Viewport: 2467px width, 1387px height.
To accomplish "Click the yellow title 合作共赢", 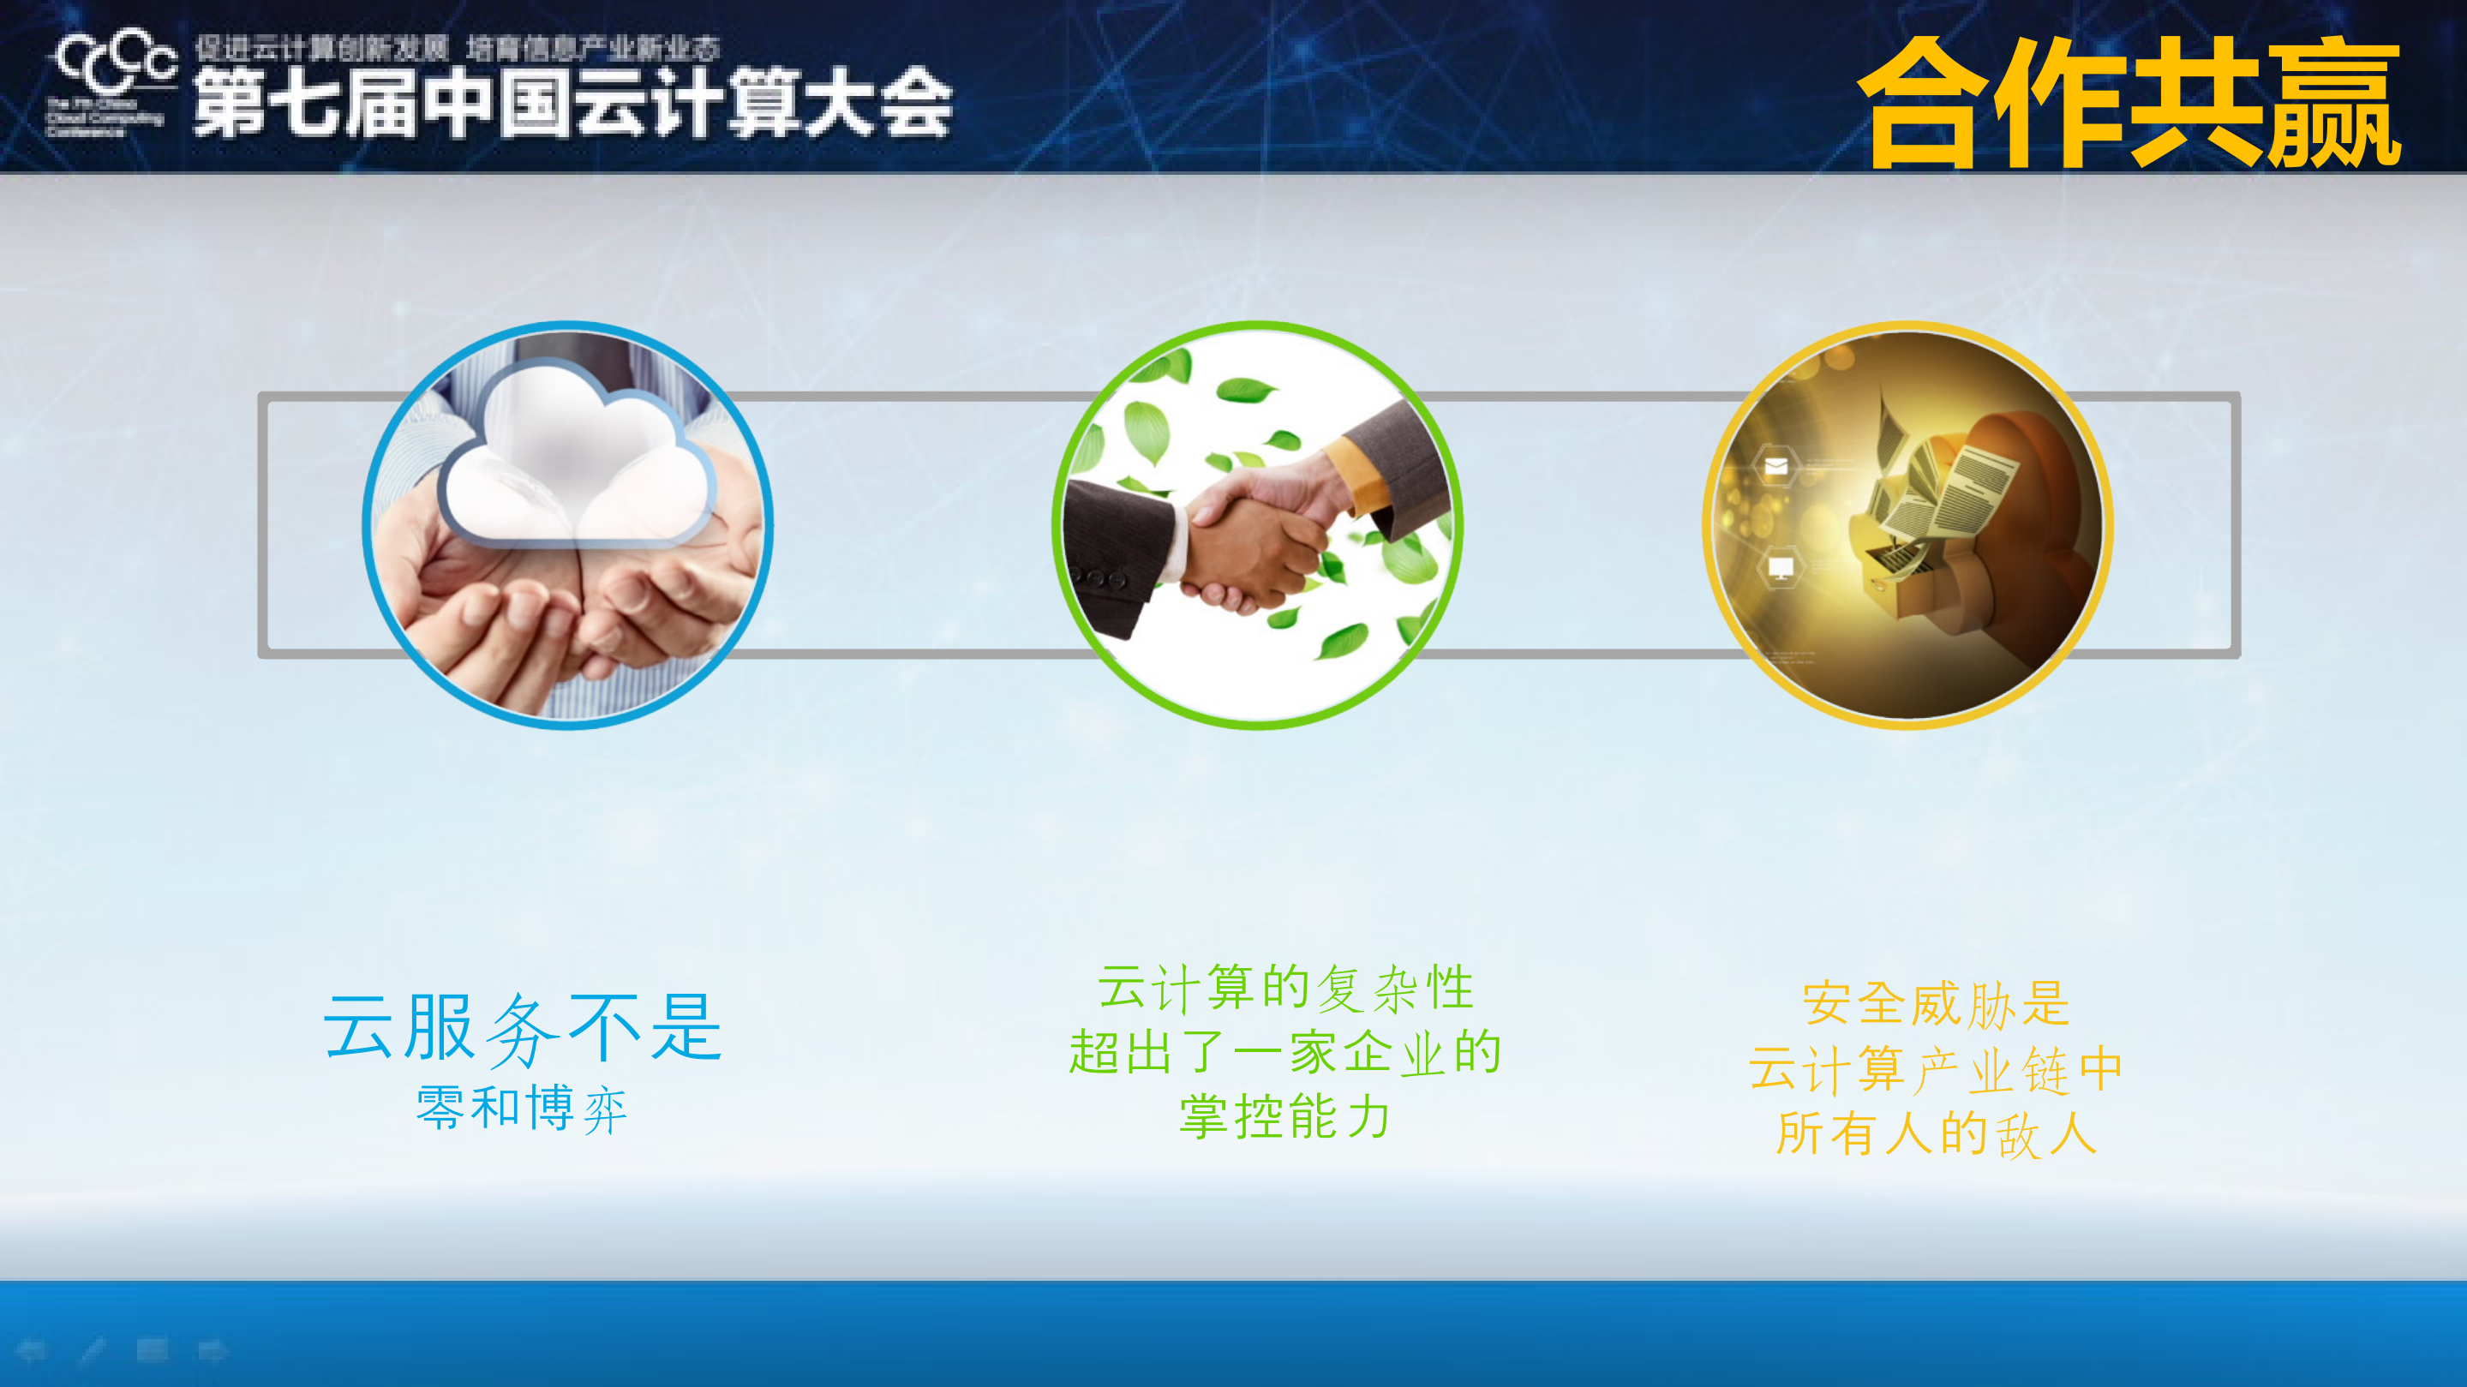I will click(x=2128, y=103).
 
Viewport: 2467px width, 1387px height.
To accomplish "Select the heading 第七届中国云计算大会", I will click(x=572, y=104).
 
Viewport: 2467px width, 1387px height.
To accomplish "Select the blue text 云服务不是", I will click(x=523, y=1028).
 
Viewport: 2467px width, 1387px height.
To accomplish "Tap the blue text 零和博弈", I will click(x=523, y=1109).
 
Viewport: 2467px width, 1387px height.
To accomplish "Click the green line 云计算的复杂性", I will click(x=1285, y=988).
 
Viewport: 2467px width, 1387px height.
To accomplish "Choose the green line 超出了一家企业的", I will click(x=1285, y=1053).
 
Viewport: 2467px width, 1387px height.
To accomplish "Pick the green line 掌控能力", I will click(x=1285, y=1117).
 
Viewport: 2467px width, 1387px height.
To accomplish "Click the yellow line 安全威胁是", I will click(x=1937, y=1004).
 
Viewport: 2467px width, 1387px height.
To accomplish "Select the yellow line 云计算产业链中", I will click(x=1937, y=1069).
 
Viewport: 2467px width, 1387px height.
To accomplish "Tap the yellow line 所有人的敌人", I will click(x=1937, y=1134).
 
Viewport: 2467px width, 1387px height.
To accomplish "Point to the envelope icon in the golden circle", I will click(x=1776, y=467).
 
